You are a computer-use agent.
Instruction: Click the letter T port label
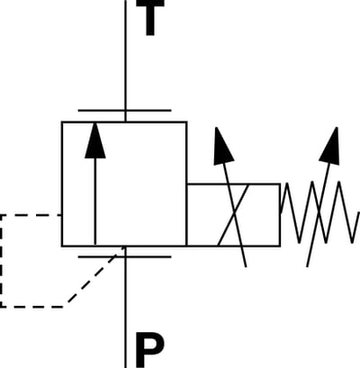150,17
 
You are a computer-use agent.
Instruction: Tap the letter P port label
149,350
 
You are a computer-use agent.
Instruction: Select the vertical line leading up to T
125,61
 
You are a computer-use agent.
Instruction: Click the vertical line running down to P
125,307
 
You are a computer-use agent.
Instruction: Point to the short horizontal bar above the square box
124,111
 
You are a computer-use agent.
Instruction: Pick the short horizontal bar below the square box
124,256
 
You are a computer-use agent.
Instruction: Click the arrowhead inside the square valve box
95,140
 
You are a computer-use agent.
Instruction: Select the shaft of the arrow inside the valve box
95,201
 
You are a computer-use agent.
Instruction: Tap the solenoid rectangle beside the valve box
234,215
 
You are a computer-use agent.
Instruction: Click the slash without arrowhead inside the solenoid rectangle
234,215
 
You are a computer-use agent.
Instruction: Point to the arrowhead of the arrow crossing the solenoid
222,146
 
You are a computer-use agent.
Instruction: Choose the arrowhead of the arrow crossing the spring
330,146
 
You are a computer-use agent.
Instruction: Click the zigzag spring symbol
319,212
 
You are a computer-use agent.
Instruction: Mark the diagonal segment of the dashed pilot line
95,276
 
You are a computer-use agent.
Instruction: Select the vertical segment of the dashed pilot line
1,261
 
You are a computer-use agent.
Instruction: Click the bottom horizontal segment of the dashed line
32,307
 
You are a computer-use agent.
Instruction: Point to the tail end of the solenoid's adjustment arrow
246,266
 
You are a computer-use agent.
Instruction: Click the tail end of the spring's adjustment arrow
307,266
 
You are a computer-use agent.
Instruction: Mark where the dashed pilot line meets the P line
125,247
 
